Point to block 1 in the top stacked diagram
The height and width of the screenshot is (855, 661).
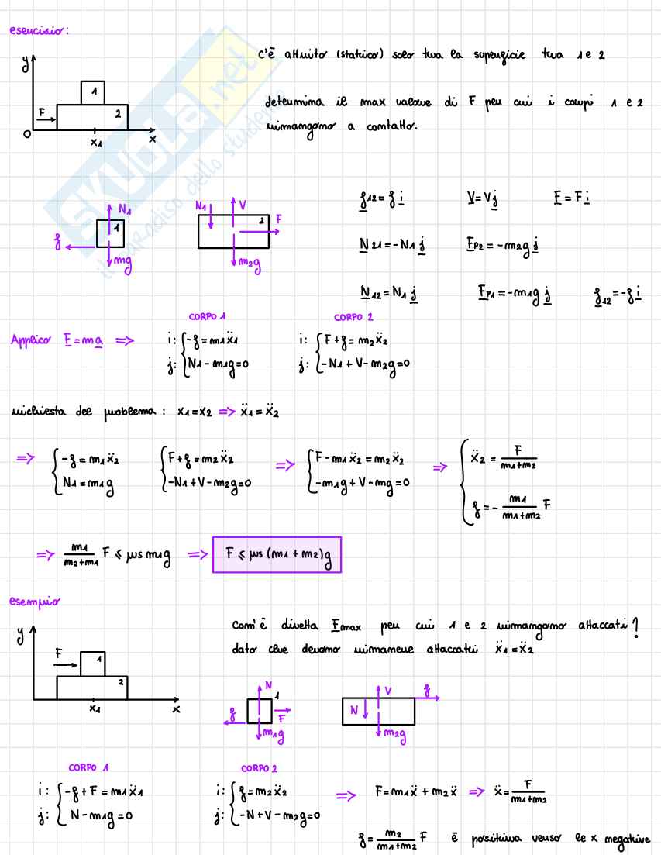click(x=94, y=92)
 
